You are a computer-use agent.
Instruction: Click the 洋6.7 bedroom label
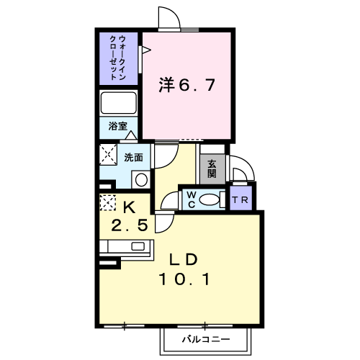pos(186,85)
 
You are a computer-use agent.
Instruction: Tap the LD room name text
pos(184,259)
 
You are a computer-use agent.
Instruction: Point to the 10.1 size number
pos(184,279)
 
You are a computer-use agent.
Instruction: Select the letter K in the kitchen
pos(129,207)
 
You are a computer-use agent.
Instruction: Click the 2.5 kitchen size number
pos(129,225)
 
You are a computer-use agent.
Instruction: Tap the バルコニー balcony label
pos(206,339)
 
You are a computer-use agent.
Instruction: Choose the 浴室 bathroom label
pos(117,126)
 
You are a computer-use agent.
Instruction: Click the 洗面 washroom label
pos(133,158)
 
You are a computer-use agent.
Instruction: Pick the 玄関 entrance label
pos(212,168)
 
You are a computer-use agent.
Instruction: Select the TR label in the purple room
pos(240,199)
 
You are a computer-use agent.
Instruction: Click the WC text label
pos(192,200)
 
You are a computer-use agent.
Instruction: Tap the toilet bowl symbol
pos(210,199)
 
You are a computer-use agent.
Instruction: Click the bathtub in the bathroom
pos(119,103)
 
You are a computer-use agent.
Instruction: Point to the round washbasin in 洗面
pos(141,180)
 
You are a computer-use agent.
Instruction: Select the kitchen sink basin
pos(138,246)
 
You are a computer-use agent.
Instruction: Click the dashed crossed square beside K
pos(108,203)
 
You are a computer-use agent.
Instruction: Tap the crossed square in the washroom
pos(108,154)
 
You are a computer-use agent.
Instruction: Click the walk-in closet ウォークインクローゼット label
pos(118,58)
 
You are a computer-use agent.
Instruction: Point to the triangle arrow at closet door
pos(146,50)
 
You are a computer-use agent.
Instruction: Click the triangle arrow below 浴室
pos(131,135)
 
